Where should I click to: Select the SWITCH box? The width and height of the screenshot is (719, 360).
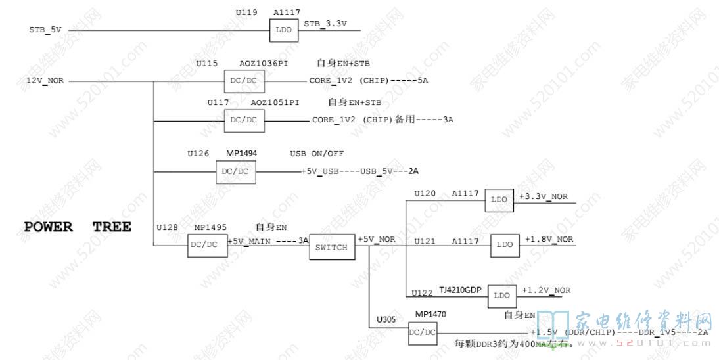coord(331,248)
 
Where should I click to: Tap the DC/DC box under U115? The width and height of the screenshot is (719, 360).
coord(243,82)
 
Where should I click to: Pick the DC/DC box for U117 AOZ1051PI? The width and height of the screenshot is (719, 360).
coord(243,120)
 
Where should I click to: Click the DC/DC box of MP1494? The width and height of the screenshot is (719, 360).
coord(236,172)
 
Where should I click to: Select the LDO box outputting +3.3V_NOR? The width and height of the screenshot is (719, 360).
coord(500,200)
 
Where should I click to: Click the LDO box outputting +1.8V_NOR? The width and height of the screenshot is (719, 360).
coord(504,244)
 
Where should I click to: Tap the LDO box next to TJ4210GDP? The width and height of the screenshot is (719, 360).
coord(501,296)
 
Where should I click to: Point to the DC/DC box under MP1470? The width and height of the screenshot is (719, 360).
coord(422,332)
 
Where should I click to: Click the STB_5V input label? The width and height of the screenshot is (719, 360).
coord(45,30)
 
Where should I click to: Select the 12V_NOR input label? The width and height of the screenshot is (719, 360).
coord(45,81)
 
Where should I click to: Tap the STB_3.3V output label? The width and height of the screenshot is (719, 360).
coord(325,24)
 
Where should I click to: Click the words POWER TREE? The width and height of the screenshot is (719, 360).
coord(78,227)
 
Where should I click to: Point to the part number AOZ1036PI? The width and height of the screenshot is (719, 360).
coord(264,64)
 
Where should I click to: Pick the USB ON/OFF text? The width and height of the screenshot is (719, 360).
coord(317,154)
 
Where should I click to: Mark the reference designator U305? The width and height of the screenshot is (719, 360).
coord(386,320)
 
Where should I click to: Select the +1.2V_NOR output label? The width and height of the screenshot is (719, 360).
coord(546,290)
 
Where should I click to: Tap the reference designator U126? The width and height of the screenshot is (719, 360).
coord(198,154)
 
